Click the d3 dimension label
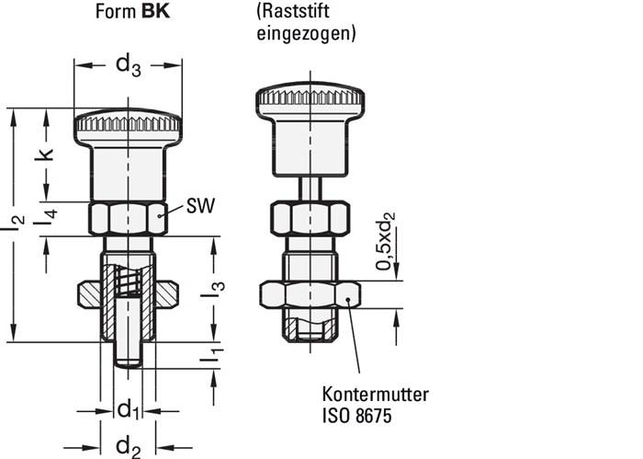click(128, 65)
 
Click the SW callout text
click(200, 206)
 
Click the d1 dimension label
click(128, 407)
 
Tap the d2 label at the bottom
click(128, 444)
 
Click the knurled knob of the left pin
click(128, 122)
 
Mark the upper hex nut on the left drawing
click(128, 219)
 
